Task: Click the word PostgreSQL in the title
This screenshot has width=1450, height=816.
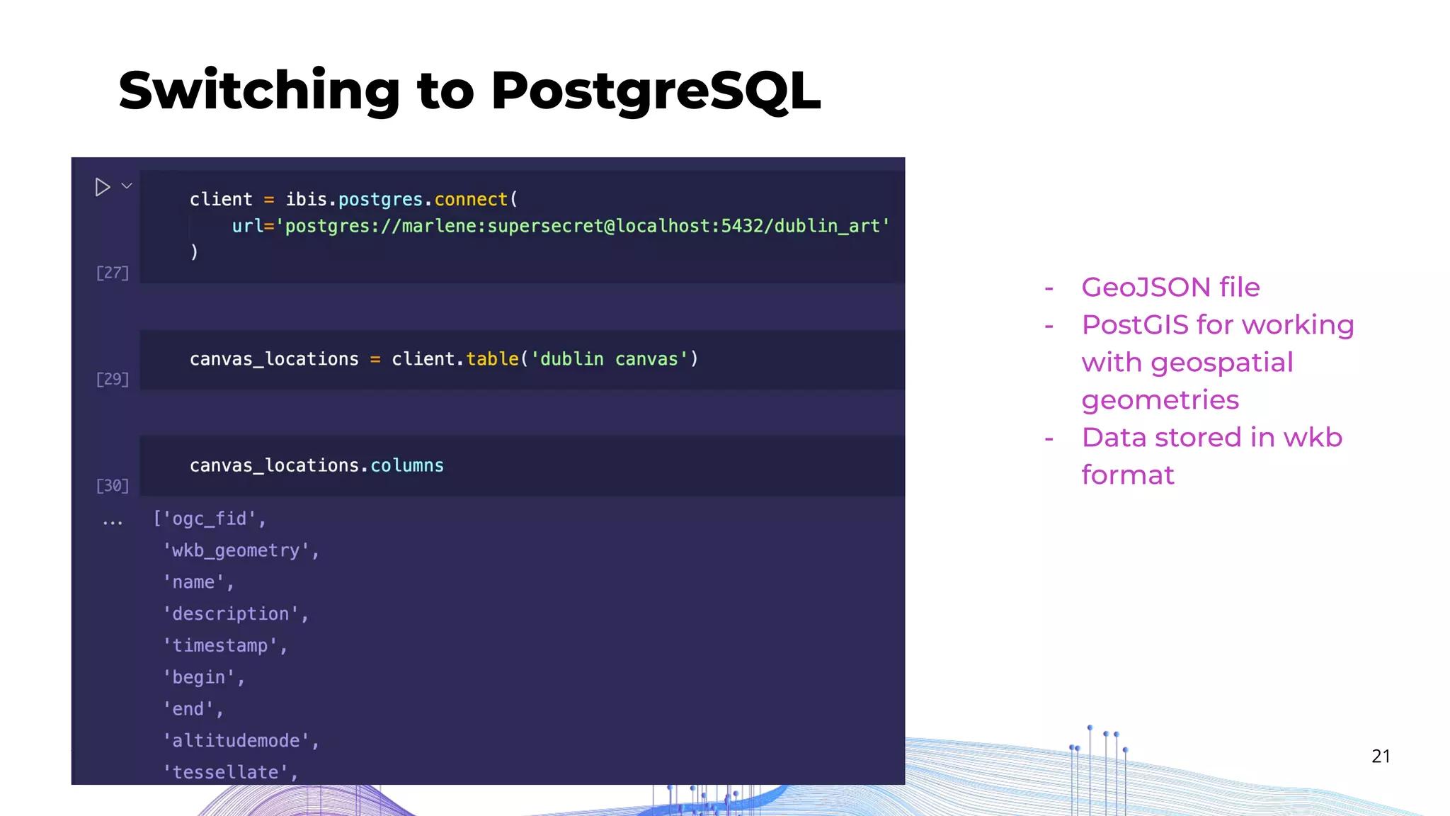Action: pyautogui.click(x=655, y=91)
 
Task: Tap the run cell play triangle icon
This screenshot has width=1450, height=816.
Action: pyautogui.click(x=102, y=187)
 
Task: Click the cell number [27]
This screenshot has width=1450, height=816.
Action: pyautogui.click(x=113, y=273)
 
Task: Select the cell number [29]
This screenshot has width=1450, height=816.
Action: pyautogui.click(x=113, y=380)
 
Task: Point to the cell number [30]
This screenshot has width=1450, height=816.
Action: pyautogui.click(x=113, y=486)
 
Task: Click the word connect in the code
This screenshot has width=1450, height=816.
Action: pyautogui.click(x=471, y=200)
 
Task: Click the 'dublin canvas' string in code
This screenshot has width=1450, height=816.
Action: pyautogui.click(x=609, y=359)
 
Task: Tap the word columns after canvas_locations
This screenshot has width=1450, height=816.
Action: pyautogui.click(x=407, y=465)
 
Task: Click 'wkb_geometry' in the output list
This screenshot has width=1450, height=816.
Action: pyautogui.click(x=236, y=550)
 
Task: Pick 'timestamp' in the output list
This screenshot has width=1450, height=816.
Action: pyautogui.click(x=220, y=645)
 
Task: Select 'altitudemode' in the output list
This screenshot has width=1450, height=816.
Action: pyautogui.click(x=236, y=741)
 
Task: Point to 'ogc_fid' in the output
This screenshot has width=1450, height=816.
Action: pyautogui.click(x=209, y=519)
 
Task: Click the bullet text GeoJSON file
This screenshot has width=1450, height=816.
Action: pyautogui.click(x=1170, y=288)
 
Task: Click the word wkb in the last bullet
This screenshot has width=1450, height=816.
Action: pyautogui.click(x=1313, y=438)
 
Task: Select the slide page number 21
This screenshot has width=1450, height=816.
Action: pyautogui.click(x=1381, y=756)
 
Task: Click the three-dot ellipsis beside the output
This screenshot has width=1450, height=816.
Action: pyautogui.click(x=113, y=523)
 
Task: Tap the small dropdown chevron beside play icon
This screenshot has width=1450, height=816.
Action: pyautogui.click(x=127, y=186)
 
